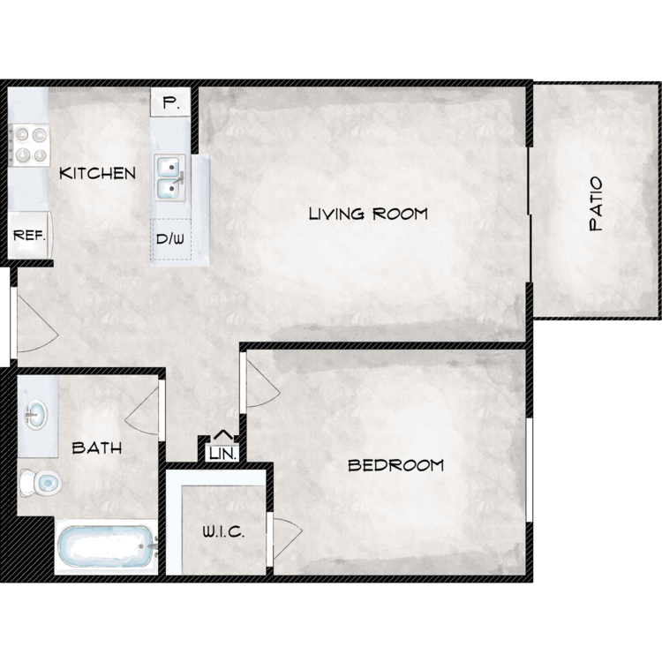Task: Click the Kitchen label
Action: click(x=97, y=173)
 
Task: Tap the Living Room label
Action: click(x=368, y=214)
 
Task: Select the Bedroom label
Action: click(x=395, y=465)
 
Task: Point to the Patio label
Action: click(x=596, y=204)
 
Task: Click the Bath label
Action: click(x=97, y=448)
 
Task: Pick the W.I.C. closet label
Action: click(x=223, y=532)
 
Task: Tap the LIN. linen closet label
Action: click(x=223, y=454)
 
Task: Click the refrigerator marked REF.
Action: click(x=29, y=235)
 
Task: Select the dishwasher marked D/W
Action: click(x=170, y=239)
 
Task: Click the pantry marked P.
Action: click(x=170, y=102)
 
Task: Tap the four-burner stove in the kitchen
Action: click(x=29, y=146)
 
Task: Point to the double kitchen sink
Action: click(x=170, y=177)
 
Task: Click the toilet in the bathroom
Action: click(x=41, y=482)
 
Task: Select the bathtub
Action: click(x=106, y=546)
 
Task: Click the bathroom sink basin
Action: click(x=36, y=415)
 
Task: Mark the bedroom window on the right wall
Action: click(x=530, y=470)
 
